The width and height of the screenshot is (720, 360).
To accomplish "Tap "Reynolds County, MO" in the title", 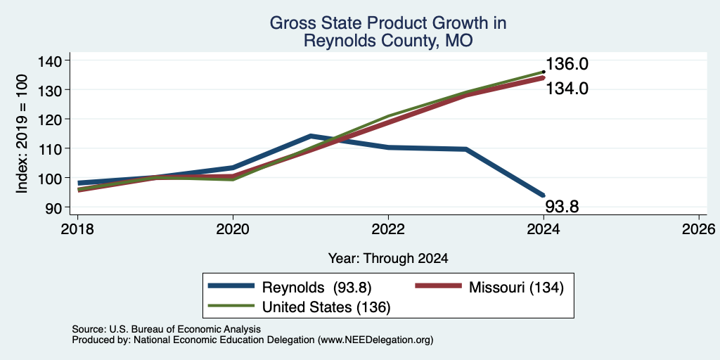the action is click(388, 41).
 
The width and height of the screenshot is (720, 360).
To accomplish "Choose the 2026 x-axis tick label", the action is click(699, 229).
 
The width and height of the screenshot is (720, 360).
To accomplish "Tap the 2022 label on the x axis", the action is click(388, 229).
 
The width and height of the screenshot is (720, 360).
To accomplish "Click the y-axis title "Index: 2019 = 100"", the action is click(22, 134).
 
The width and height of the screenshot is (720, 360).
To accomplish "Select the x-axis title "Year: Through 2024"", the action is click(388, 259).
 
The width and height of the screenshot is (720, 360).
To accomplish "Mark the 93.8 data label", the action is click(562, 207).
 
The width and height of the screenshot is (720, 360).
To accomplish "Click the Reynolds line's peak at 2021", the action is click(311, 136).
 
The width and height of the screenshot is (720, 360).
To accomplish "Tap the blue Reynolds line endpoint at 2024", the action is click(543, 195).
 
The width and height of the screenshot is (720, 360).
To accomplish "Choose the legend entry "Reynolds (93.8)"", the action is click(290, 288).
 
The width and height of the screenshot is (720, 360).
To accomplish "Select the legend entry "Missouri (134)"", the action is click(489, 288).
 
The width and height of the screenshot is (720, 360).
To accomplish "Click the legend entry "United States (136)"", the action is click(299, 307).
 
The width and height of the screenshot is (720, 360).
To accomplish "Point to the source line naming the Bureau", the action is click(166, 329).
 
